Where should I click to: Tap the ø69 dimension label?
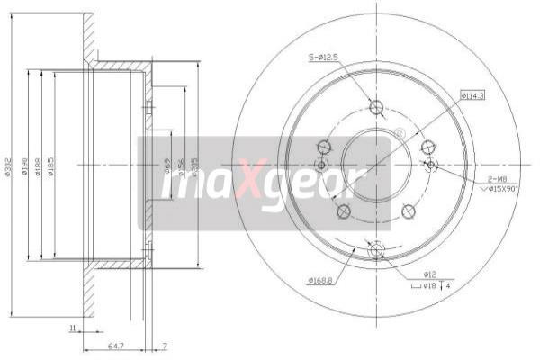[167, 166]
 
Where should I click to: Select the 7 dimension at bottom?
[165, 345]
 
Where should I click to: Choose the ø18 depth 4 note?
[436, 286]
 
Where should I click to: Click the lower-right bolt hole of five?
[408, 211]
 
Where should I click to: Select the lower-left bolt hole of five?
[343, 211]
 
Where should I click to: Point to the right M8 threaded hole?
[430, 166]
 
